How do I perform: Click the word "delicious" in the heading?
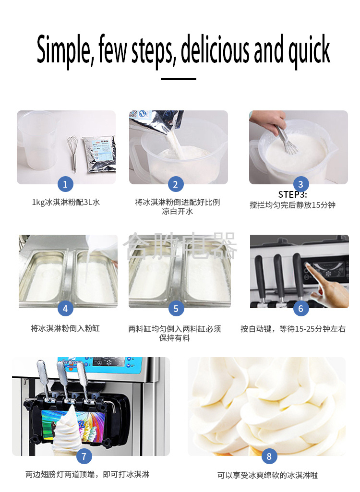tap(215, 49)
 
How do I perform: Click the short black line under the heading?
tap(179, 79)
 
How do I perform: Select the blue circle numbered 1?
tap(65, 184)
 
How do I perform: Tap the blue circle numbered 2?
tap(176, 184)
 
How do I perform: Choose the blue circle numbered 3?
tap(300, 184)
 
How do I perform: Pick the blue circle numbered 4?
tap(65, 309)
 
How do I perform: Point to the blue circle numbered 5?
tap(176, 309)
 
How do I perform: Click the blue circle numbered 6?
tap(300, 309)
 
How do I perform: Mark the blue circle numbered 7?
tap(84, 456)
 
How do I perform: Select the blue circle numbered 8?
tap(269, 456)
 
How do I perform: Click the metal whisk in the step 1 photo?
tap(72, 153)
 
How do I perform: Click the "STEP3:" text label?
tap(292, 194)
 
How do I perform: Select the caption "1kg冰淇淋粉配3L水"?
tap(66, 203)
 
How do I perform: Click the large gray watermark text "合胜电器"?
tap(180, 246)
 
